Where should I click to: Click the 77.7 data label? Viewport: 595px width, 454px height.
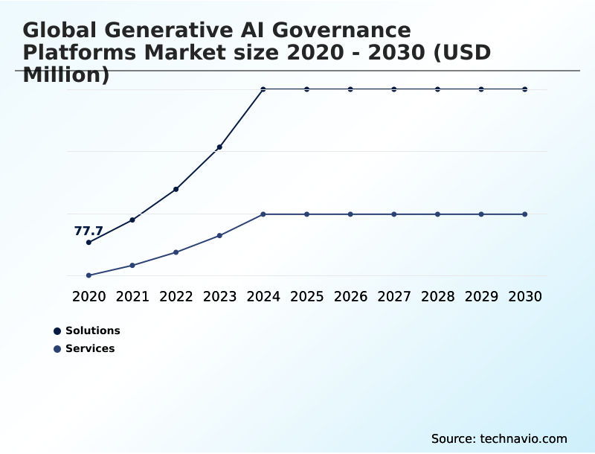click(x=89, y=231)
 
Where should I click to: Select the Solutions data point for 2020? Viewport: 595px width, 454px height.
click(x=89, y=243)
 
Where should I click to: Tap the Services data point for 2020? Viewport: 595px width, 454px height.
click(x=89, y=275)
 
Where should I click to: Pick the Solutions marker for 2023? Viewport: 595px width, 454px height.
click(x=219, y=147)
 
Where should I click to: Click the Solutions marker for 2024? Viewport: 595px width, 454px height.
click(x=263, y=89)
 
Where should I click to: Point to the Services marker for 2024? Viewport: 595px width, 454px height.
click(x=263, y=214)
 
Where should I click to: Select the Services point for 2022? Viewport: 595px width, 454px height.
click(x=176, y=252)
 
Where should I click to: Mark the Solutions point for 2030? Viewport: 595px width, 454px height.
click(x=525, y=89)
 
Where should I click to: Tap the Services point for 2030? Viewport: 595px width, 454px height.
click(x=525, y=214)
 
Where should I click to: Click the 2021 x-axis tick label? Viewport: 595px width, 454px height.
click(x=132, y=296)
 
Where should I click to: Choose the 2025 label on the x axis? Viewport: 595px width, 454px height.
click(x=307, y=296)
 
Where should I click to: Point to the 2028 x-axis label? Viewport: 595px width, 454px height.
click(x=438, y=296)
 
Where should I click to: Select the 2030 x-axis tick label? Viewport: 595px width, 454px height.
click(x=525, y=296)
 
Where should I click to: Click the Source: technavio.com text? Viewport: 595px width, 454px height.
click(x=499, y=438)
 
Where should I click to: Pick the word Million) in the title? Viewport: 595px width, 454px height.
click(x=66, y=75)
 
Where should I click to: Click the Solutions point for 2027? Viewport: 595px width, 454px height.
click(x=394, y=89)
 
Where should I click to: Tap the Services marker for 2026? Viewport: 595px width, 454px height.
click(x=350, y=214)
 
